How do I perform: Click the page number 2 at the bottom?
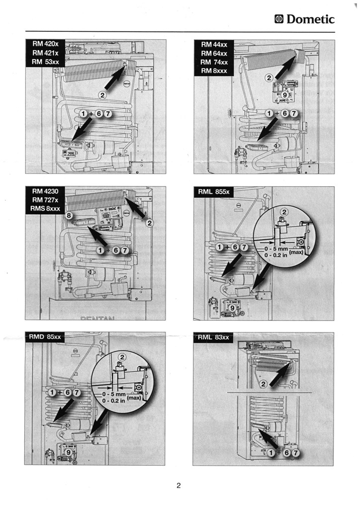coord(179,486)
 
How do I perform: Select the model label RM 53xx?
coord(46,62)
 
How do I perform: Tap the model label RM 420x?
coord(46,44)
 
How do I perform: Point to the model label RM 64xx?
coord(214,53)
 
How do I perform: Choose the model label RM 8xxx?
coord(214,71)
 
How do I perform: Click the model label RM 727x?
coord(45,200)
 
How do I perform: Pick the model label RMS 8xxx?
coord(45,208)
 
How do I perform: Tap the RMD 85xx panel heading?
coord(45,337)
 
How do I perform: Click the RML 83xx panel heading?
coord(214,338)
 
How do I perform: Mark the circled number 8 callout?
coord(69,216)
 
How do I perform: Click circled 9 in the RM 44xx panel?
coord(284,94)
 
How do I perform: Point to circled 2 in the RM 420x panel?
coord(103,95)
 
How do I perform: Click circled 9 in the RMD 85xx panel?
coord(69,452)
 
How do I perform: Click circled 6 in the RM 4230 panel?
coord(116,250)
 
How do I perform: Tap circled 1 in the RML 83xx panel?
coord(271,453)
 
